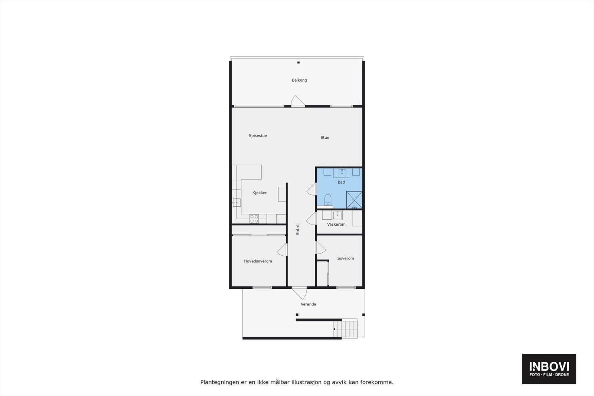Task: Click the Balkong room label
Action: click(x=299, y=80)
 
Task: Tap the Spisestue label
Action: click(x=258, y=136)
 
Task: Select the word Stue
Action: click(x=325, y=138)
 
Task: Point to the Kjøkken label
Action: click(x=260, y=193)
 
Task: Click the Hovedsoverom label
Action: click(x=258, y=261)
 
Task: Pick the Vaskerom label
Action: click(x=336, y=225)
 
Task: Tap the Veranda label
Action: click(x=309, y=304)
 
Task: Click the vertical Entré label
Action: click(x=297, y=229)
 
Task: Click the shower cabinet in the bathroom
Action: click(x=354, y=200)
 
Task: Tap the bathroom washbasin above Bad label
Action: click(x=342, y=173)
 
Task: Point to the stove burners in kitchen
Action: click(x=254, y=219)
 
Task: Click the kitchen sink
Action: click(x=236, y=203)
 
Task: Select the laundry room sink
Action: click(x=337, y=215)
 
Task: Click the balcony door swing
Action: click(x=297, y=101)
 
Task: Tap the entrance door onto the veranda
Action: click(x=299, y=293)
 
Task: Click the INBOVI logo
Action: click(x=549, y=369)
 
